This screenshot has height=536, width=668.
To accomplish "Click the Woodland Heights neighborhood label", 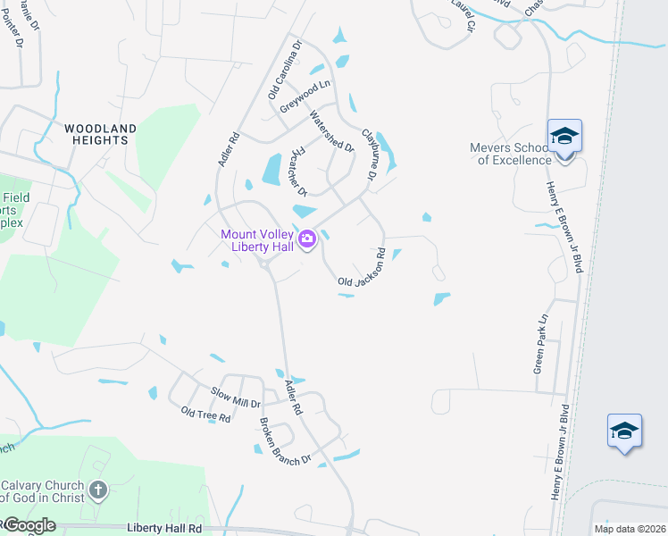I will [100, 134].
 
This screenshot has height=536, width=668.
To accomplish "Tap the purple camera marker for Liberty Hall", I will [307, 239].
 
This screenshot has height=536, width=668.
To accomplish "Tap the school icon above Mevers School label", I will [564, 136].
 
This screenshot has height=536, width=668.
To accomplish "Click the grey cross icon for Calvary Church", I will [98, 490].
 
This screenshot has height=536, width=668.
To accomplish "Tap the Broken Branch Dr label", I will [285, 440].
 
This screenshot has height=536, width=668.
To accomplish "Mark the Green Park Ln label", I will [539, 345].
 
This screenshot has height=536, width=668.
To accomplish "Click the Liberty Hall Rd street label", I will [164, 528].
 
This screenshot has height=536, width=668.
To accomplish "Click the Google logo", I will [29, 525].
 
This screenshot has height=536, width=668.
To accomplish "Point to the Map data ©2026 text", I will [630, 529].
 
